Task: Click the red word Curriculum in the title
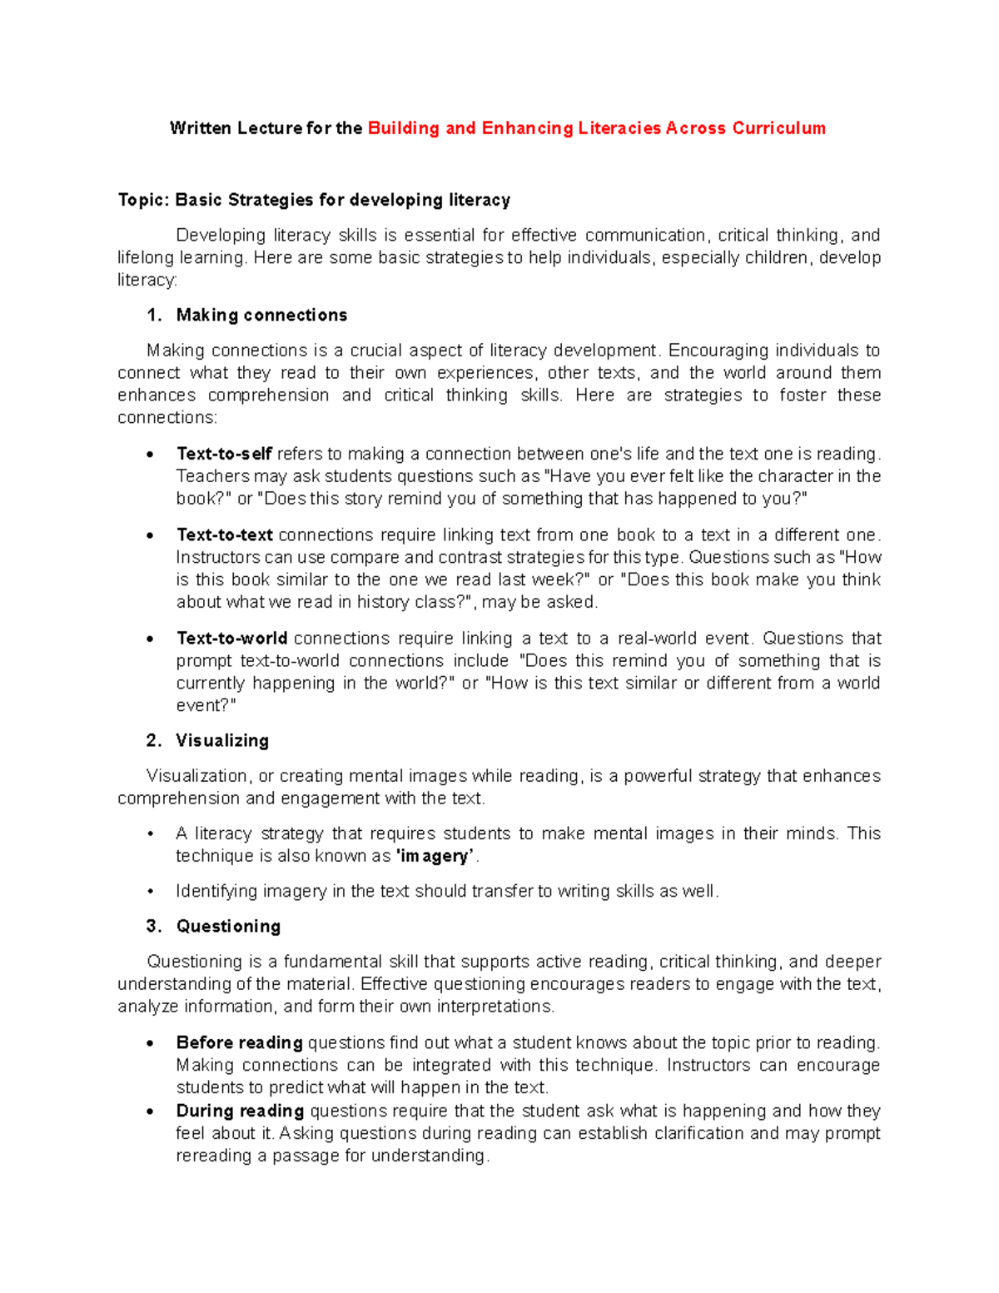click(x=778, y=128)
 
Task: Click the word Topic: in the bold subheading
click(x=143, y=200)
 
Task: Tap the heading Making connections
click(x=261, y=315)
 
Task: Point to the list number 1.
click(x=153, y=315)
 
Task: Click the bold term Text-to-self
click(x=224, y=454)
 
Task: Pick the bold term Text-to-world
click(x=232, y=639)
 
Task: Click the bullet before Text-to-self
click(x=150, y=455)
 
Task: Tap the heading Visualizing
click(x=222, y=740)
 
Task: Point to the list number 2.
click(x=153, y=740)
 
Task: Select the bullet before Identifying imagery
click(x=150, y=892)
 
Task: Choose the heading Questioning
click(x=228, y=926)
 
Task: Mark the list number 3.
click(x=153, y=926)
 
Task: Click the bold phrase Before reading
click(x=239, y=1042)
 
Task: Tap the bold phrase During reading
click(x=240, y=1111)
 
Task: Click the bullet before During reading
click(x=150, y=1111)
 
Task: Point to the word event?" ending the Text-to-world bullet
click(x=206, y=705)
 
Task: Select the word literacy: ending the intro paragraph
click(x=147, y=280)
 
